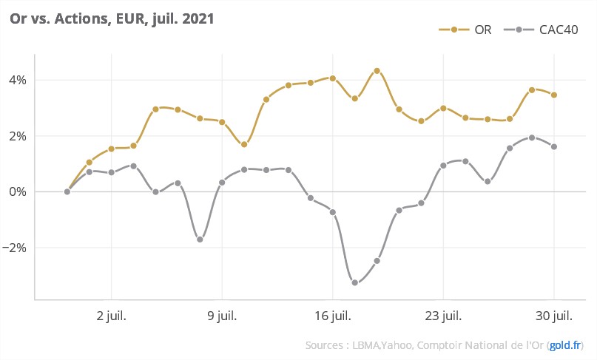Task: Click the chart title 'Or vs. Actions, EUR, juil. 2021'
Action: click(112, 20)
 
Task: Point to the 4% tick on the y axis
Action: click(18, 80)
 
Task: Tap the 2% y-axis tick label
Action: click(18, 136)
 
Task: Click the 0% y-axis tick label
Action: click(18, 192)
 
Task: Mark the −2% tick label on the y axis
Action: click(16, 248)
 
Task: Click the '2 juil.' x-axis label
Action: click(111, 316)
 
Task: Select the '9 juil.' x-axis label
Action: click(222, 316)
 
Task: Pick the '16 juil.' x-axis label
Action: click(333, 316)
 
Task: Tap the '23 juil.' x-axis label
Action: click(443, 316)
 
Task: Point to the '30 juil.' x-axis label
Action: click(554, 316)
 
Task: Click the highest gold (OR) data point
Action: click(377, 71)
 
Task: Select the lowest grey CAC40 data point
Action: click(355, 282)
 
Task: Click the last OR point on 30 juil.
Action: click(554, 95)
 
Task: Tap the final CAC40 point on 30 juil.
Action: click(554, 146)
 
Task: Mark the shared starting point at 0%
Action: click(67, 191)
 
